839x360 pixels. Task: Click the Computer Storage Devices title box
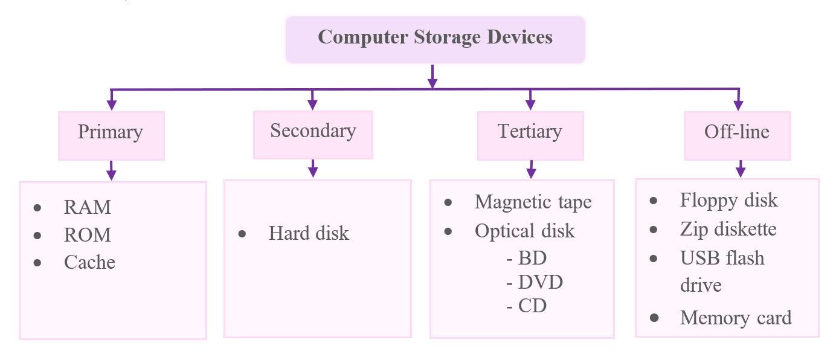(x=435, y=39)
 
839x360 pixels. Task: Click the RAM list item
(x=88, y=207)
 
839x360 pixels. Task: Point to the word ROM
(x=88, y=235)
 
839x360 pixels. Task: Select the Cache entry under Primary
(x=89, y=262)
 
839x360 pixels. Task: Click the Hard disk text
(x=309, y=234)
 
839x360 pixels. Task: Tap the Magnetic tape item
(x=533, y=202)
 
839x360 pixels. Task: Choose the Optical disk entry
(x=524, y=231)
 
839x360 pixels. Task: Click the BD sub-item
(x=532, y=259)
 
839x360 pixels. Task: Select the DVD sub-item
(x=540, y=282)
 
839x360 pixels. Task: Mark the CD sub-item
(x=532, y=306)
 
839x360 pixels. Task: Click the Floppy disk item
(x=728, y=200)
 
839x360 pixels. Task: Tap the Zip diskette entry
(x=728, y=229)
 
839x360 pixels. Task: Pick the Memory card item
(x=735, y=318)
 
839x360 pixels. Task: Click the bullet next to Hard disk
(x=242, y=234)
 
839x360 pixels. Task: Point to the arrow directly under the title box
(x=432, y=77)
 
